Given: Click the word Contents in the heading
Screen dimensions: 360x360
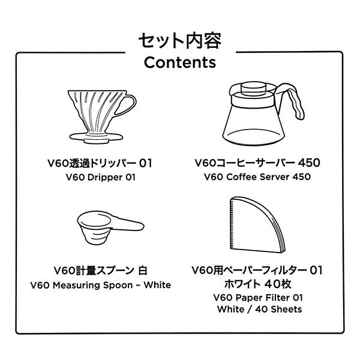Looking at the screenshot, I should (x=180, y=62).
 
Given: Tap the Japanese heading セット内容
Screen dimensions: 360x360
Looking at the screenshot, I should (x=180, y=41).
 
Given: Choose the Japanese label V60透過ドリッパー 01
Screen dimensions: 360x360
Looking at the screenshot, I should (x=100, y=163).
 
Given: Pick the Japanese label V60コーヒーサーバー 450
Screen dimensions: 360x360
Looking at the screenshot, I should (x=257, y=163).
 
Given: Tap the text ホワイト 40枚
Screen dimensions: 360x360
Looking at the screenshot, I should (x=257, y=283).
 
